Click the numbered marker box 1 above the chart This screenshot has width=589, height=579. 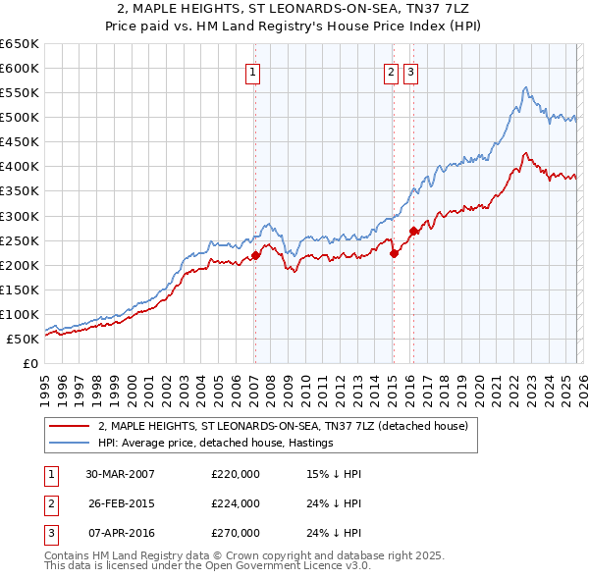click(253, 71)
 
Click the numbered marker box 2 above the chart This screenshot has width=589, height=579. click(391, 71)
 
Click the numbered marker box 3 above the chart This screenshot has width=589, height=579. click(410, 71)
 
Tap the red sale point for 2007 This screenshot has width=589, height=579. click(255, 255)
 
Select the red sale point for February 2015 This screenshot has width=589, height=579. click(393, 253)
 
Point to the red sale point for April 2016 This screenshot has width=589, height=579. click(412, 231)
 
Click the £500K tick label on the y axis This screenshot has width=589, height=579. click(20, 118)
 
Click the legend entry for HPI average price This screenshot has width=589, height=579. click(216, 443)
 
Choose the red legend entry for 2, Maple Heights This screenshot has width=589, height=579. click(284, 426)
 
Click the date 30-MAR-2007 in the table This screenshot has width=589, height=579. click(120, 474)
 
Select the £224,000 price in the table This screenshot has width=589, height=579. click(235, 503)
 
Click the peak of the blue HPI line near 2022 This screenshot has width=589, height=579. click(526, 87)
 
